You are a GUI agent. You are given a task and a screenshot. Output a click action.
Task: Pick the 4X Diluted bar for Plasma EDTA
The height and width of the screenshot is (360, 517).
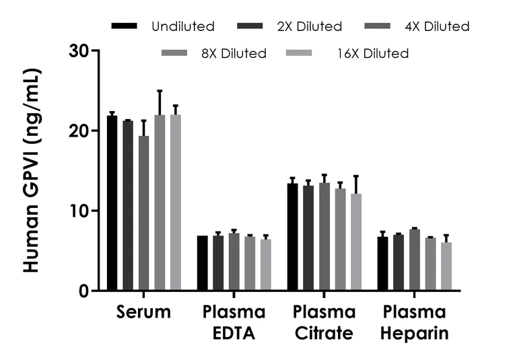(x=234, y=262)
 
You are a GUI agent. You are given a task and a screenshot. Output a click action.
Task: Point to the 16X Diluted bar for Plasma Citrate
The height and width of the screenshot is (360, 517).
(x=356, y=242)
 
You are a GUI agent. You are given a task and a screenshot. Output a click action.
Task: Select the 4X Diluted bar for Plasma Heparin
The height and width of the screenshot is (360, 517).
(x=415, y=260)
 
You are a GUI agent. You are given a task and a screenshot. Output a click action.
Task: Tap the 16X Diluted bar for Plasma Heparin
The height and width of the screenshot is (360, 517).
(x=446, y=266)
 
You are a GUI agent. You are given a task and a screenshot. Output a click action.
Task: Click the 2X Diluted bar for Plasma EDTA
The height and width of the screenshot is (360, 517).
(x=218, y=263)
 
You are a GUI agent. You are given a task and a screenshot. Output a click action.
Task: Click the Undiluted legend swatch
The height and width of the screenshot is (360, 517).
(x=125, y=26)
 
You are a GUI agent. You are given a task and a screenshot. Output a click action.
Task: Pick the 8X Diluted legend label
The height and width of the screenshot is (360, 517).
(x=229, y=53)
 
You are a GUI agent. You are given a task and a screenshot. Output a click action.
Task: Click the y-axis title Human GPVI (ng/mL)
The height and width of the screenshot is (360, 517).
(x=31, y=170)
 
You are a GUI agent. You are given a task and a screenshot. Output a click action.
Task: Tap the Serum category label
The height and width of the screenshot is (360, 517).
(x=143, y=313)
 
